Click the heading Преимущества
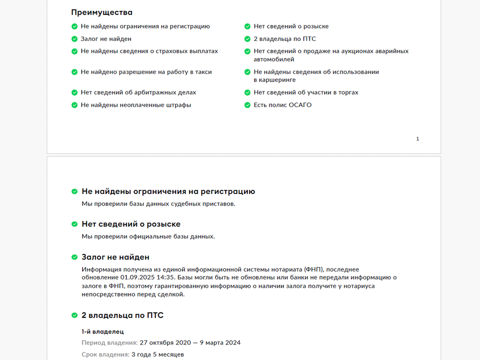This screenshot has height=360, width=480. pos(102,12)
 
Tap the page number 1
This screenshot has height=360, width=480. pos(417,139)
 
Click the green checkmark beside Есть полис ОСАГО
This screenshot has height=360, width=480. pos(247,105)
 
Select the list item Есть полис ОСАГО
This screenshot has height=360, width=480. pos(282,105)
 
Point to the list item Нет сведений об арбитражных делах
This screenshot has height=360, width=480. pos(138,92)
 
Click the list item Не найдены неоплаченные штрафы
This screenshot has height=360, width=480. pos(135,105)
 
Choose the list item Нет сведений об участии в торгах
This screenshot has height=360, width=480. pos(305,92)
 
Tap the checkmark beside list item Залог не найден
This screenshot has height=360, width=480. pos(74,38)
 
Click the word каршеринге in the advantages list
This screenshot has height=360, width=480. pos(274,80)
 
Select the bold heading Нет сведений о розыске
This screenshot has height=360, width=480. pos(131,224)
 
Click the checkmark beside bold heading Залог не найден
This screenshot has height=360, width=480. pos(74,257)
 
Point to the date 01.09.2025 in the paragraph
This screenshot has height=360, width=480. pos(137,277)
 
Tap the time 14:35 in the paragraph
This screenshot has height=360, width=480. pos(164,277)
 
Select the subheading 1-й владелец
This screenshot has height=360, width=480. pos(102,331)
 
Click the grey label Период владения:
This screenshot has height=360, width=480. pos(109,342)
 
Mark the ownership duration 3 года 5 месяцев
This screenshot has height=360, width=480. pos(157,354)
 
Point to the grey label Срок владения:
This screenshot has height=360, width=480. pos(105,354)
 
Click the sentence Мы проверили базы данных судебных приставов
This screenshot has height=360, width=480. pos(158,203)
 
